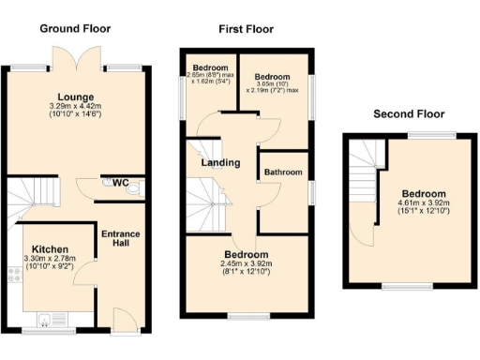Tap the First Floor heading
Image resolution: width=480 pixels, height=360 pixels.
click(247, 29)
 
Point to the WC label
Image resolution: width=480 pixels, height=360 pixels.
click(121, 183)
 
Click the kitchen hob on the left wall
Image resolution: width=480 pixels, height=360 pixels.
click(13, 276)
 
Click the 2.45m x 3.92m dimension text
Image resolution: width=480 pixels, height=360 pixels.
click(247, 265)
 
